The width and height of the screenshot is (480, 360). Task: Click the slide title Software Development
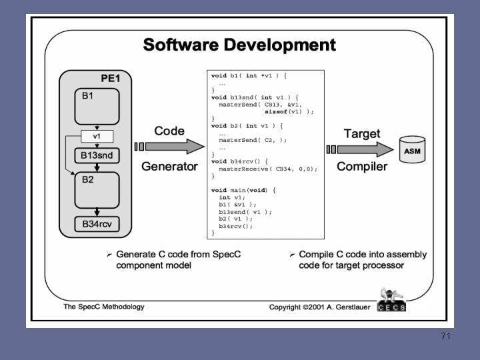[239, 45]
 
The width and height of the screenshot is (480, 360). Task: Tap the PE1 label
[110, 79]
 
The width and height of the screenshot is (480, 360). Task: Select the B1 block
[97, 105]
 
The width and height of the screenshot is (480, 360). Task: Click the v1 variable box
[97, 137]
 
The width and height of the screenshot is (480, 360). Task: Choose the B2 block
[97, 189]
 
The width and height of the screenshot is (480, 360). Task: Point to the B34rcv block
[97, 224]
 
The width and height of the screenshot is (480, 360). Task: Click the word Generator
[169, 167]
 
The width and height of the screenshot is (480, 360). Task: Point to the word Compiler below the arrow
[362, 167]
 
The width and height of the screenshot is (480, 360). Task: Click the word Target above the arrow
[362, 133]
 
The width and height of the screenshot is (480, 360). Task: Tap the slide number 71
[445, 337]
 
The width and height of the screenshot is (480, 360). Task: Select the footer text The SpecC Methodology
[103, 307]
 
